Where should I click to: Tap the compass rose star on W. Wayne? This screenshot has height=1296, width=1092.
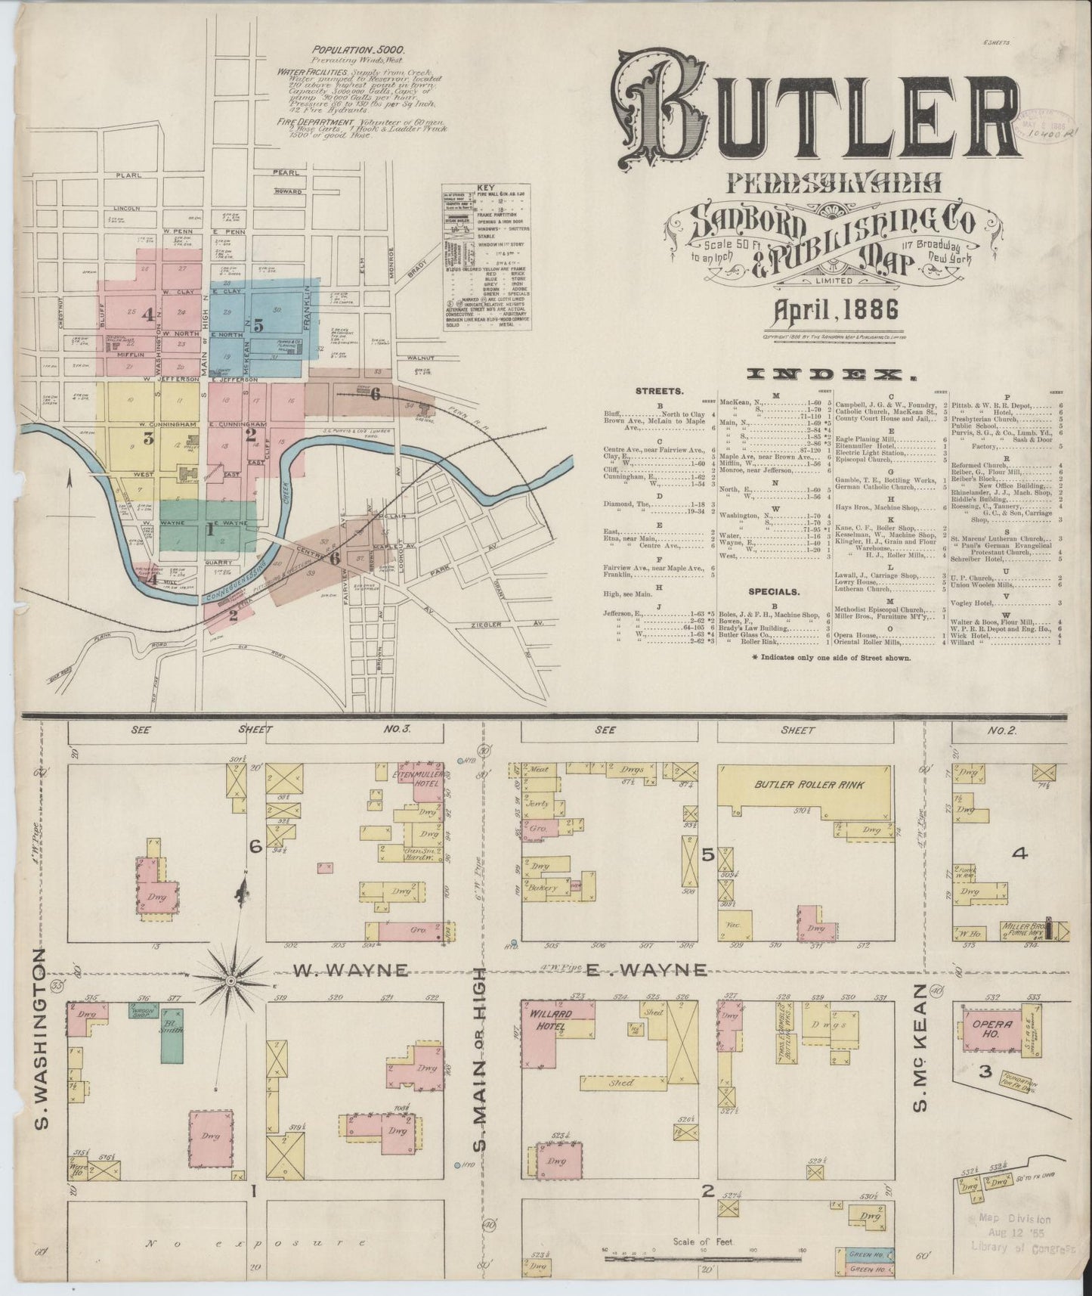230,981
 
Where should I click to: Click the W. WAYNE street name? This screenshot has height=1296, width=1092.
351,969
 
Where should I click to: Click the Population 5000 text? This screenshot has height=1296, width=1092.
360,50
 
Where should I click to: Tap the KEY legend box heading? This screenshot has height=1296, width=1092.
484,188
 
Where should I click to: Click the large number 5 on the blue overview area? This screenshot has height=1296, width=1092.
258,326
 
